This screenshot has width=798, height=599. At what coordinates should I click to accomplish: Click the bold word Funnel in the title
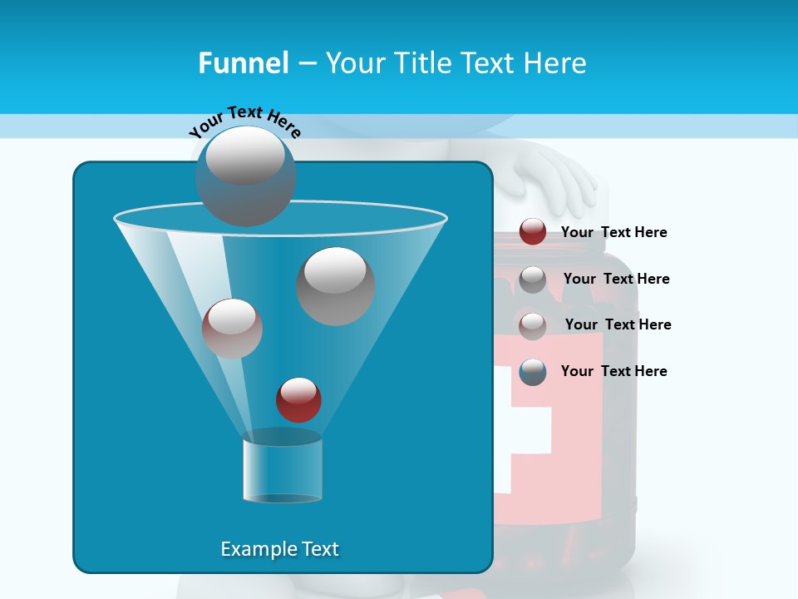tap(244, 62)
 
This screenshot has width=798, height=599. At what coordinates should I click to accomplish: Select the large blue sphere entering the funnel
tap(246, 176)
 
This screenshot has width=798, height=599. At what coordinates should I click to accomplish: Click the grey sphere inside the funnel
tap(336, 286)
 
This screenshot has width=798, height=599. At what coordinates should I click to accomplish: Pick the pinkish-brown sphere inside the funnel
tap(232, 329)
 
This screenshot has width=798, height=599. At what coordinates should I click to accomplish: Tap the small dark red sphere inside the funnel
tap(298, 399)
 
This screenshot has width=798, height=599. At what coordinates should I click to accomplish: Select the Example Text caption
tap(279, 549)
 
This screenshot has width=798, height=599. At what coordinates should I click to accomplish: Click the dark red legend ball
tap(533, 232)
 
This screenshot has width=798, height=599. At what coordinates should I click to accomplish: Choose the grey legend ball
tap(533, 280)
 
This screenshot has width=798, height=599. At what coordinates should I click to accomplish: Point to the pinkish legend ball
tap(533, 326)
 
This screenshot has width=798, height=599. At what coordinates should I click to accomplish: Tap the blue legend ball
tap(533, 372)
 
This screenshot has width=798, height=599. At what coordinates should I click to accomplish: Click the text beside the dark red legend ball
tap(613, 232)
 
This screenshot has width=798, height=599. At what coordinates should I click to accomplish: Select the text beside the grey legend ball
tap(616, 279)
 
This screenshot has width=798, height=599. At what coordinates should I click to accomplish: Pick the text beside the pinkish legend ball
tap(618, 324)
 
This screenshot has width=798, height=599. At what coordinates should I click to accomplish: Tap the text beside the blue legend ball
tap(613, 371)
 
